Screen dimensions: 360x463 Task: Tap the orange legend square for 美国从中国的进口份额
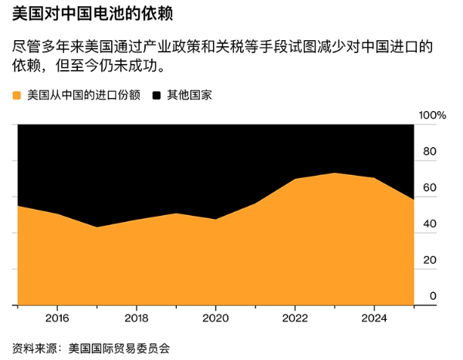pos(18,96)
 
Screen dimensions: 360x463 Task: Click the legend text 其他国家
pos(189,96)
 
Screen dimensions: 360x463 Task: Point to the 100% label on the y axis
pos(432,115)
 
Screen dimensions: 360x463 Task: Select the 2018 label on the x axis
pos(136,317)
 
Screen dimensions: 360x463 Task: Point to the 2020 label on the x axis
pos(215,317)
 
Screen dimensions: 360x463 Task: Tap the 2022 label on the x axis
pos(295,317)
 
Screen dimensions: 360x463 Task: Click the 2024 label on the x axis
pos(374,317)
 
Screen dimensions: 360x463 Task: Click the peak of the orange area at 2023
pos(334,173)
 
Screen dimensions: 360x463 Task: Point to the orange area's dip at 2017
pos(96,227)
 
